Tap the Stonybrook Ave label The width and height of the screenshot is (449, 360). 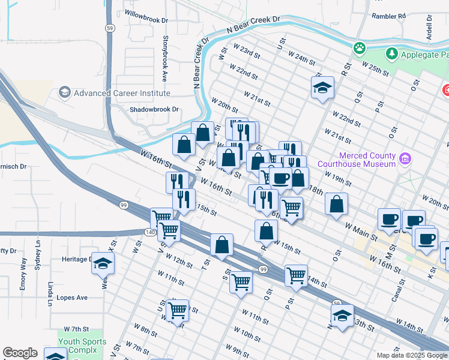coord(164,58)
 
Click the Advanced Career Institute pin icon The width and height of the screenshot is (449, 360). coord(65,93)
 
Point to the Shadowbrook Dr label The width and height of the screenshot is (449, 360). coord(155,109)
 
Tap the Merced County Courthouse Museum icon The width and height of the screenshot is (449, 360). coord(406,159)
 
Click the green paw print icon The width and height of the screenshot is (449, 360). coord(360,47)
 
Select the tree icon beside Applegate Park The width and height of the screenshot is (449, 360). coord(392,54)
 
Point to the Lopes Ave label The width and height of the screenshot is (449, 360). coord(72,297)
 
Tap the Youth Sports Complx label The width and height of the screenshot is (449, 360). coord(82,346)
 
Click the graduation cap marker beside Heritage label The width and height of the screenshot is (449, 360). coord(103,263)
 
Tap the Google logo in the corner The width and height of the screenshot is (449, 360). coord(20,353)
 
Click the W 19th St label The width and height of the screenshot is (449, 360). coord(338,178)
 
